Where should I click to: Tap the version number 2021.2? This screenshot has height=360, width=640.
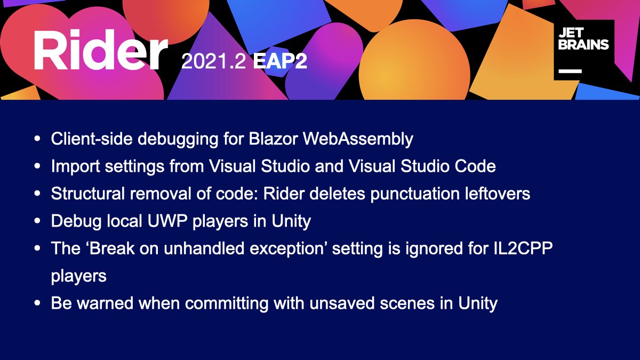213,62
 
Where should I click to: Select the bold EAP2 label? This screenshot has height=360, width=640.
280,62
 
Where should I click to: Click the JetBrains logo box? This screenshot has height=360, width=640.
583,50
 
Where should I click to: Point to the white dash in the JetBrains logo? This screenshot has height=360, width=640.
570,70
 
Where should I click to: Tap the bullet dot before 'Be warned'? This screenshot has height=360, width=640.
37,303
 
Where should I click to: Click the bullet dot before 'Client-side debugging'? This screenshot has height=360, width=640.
37,139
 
